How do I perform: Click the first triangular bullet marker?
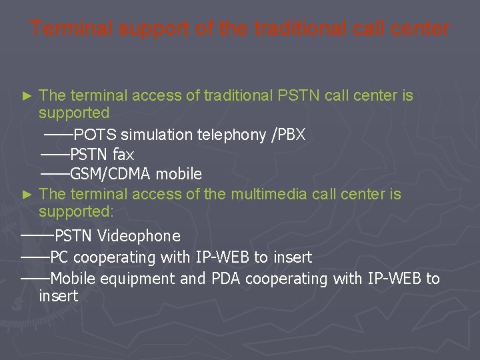(27, 96)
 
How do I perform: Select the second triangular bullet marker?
(27, 195)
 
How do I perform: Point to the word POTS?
(95, 135)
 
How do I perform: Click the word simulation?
(157, 135)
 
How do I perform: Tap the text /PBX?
(288, 135)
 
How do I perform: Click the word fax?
(123, 155)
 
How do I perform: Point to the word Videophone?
(139, 236)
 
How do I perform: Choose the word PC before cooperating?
(59, 257)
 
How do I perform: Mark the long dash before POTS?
(59, 135)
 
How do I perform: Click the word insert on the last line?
(59, 296)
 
